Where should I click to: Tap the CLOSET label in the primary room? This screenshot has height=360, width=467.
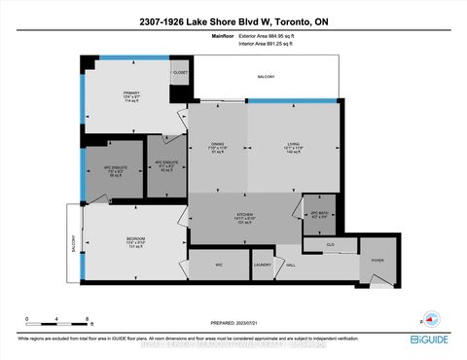(x=179, y=72)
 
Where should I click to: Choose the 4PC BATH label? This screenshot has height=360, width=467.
(x=318, y=212)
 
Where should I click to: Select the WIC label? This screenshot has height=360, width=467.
(x=219, y=264)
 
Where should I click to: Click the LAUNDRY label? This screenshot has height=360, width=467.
(x=261, y=264)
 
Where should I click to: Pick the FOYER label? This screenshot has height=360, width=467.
(x=378, y=261)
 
